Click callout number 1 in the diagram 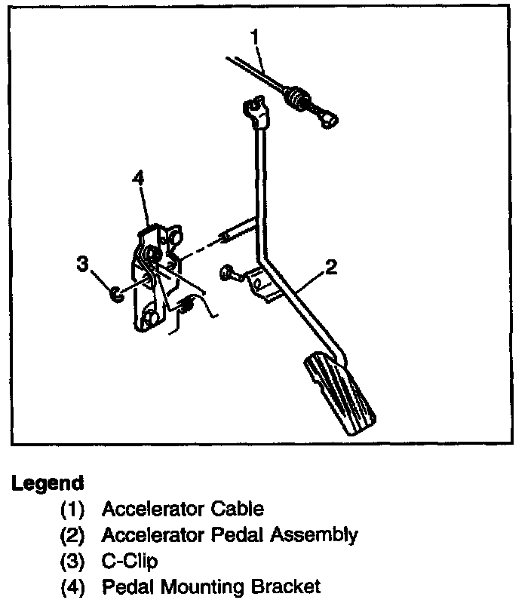[x=255, y=37]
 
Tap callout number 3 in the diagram [x=82, y=264]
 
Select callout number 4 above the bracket [x=137, y=179]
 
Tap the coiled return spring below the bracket [x=189, y=305]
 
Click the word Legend [x=48, y=482]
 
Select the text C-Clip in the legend [x=129, y=561]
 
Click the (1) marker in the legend [x=73, y=510]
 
